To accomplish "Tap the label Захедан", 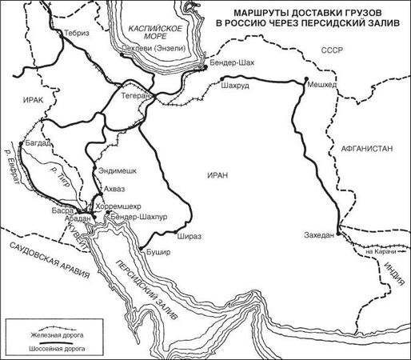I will pyautogui.click(x=320, y=234).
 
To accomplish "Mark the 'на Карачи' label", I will pyautogui.click(x=380, y=254).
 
